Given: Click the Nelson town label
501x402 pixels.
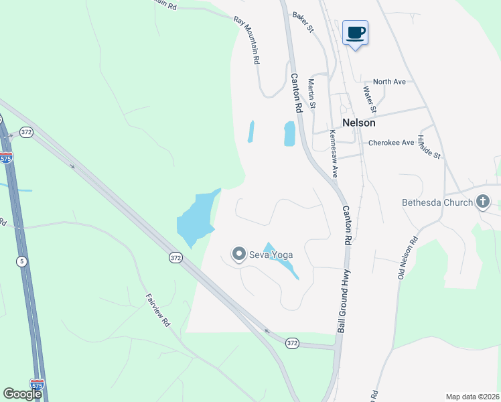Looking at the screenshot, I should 358,123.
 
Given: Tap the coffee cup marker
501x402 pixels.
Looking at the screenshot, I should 355,32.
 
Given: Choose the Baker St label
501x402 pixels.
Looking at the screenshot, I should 302,21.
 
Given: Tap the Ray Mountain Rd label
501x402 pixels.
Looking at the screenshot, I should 247,40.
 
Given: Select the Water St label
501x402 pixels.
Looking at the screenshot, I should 369,98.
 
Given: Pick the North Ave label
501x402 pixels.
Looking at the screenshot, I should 390,82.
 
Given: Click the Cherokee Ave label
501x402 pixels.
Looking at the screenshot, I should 391,143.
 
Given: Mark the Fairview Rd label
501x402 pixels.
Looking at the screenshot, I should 158,309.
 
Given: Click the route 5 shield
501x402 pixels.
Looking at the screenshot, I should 22,261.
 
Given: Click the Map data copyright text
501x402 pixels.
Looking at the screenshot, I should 472,397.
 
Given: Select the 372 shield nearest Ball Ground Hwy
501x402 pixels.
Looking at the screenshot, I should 292,343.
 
